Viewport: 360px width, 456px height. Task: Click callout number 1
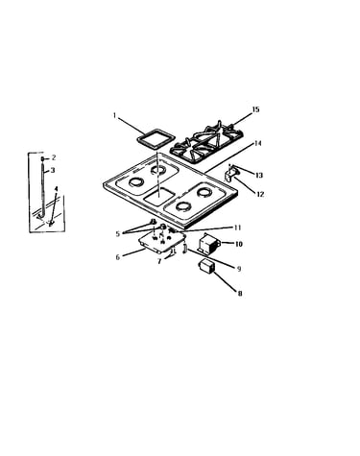coord(114,115)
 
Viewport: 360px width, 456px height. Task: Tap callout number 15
coord(255,109)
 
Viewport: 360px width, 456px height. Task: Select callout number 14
coord(257,144)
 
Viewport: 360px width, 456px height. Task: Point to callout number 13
coord(259,175)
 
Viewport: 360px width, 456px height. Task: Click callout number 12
coord(260,194)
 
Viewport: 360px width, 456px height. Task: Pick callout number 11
coord(237,228)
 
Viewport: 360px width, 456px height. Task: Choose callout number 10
coord(239,244)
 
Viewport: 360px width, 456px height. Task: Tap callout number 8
coord(240,293)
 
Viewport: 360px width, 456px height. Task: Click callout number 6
coord(118,257)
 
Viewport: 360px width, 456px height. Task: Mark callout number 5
coord(118,234)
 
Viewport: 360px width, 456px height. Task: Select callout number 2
coord(54,157)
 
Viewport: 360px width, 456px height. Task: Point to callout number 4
coord(56,188)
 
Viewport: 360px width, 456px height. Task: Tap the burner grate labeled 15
coord(206,141)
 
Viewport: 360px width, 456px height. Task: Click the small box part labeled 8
coord(206,267)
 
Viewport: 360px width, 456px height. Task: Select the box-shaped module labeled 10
coord(208,245)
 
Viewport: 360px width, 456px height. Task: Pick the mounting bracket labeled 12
coord(229,175)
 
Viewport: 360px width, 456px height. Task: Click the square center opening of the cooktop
coord(158,198)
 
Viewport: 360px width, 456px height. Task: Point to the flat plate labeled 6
coord(161,243)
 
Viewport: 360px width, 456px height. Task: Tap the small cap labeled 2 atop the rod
coord(42,158)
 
